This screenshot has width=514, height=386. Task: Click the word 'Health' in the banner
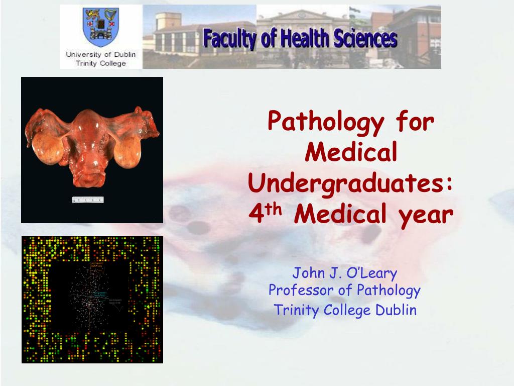point(301,39)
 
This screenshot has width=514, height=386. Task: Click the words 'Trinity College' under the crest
point(100,63)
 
